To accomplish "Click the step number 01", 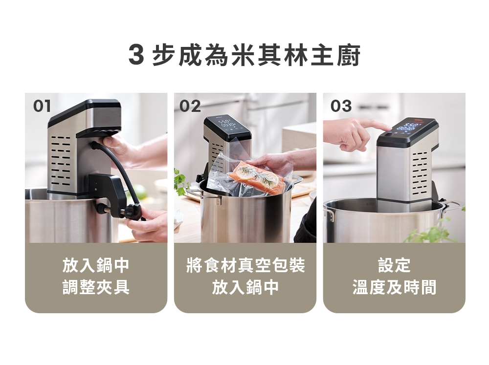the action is pyautogui.click(x=42, y=106).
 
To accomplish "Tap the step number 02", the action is pyautogui.click(x=190, y=106).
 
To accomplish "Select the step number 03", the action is pyautogui.click(x=341, y=106).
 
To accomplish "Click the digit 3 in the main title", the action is pyautogui.click(x=136, y=55).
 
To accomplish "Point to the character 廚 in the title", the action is pyautogui.click(x=349, y=55).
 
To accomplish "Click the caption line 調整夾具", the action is pyautogui.click(x=96, y=287).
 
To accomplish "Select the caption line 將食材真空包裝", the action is pyautogui.click(x=245, y=266).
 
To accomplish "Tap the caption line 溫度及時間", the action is pyautogui.click(x=394, y=287).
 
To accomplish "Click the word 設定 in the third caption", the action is pyautogui.click(x=394, y=266).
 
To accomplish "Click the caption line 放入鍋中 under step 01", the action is pyautogui.click(x=96, y=266).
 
